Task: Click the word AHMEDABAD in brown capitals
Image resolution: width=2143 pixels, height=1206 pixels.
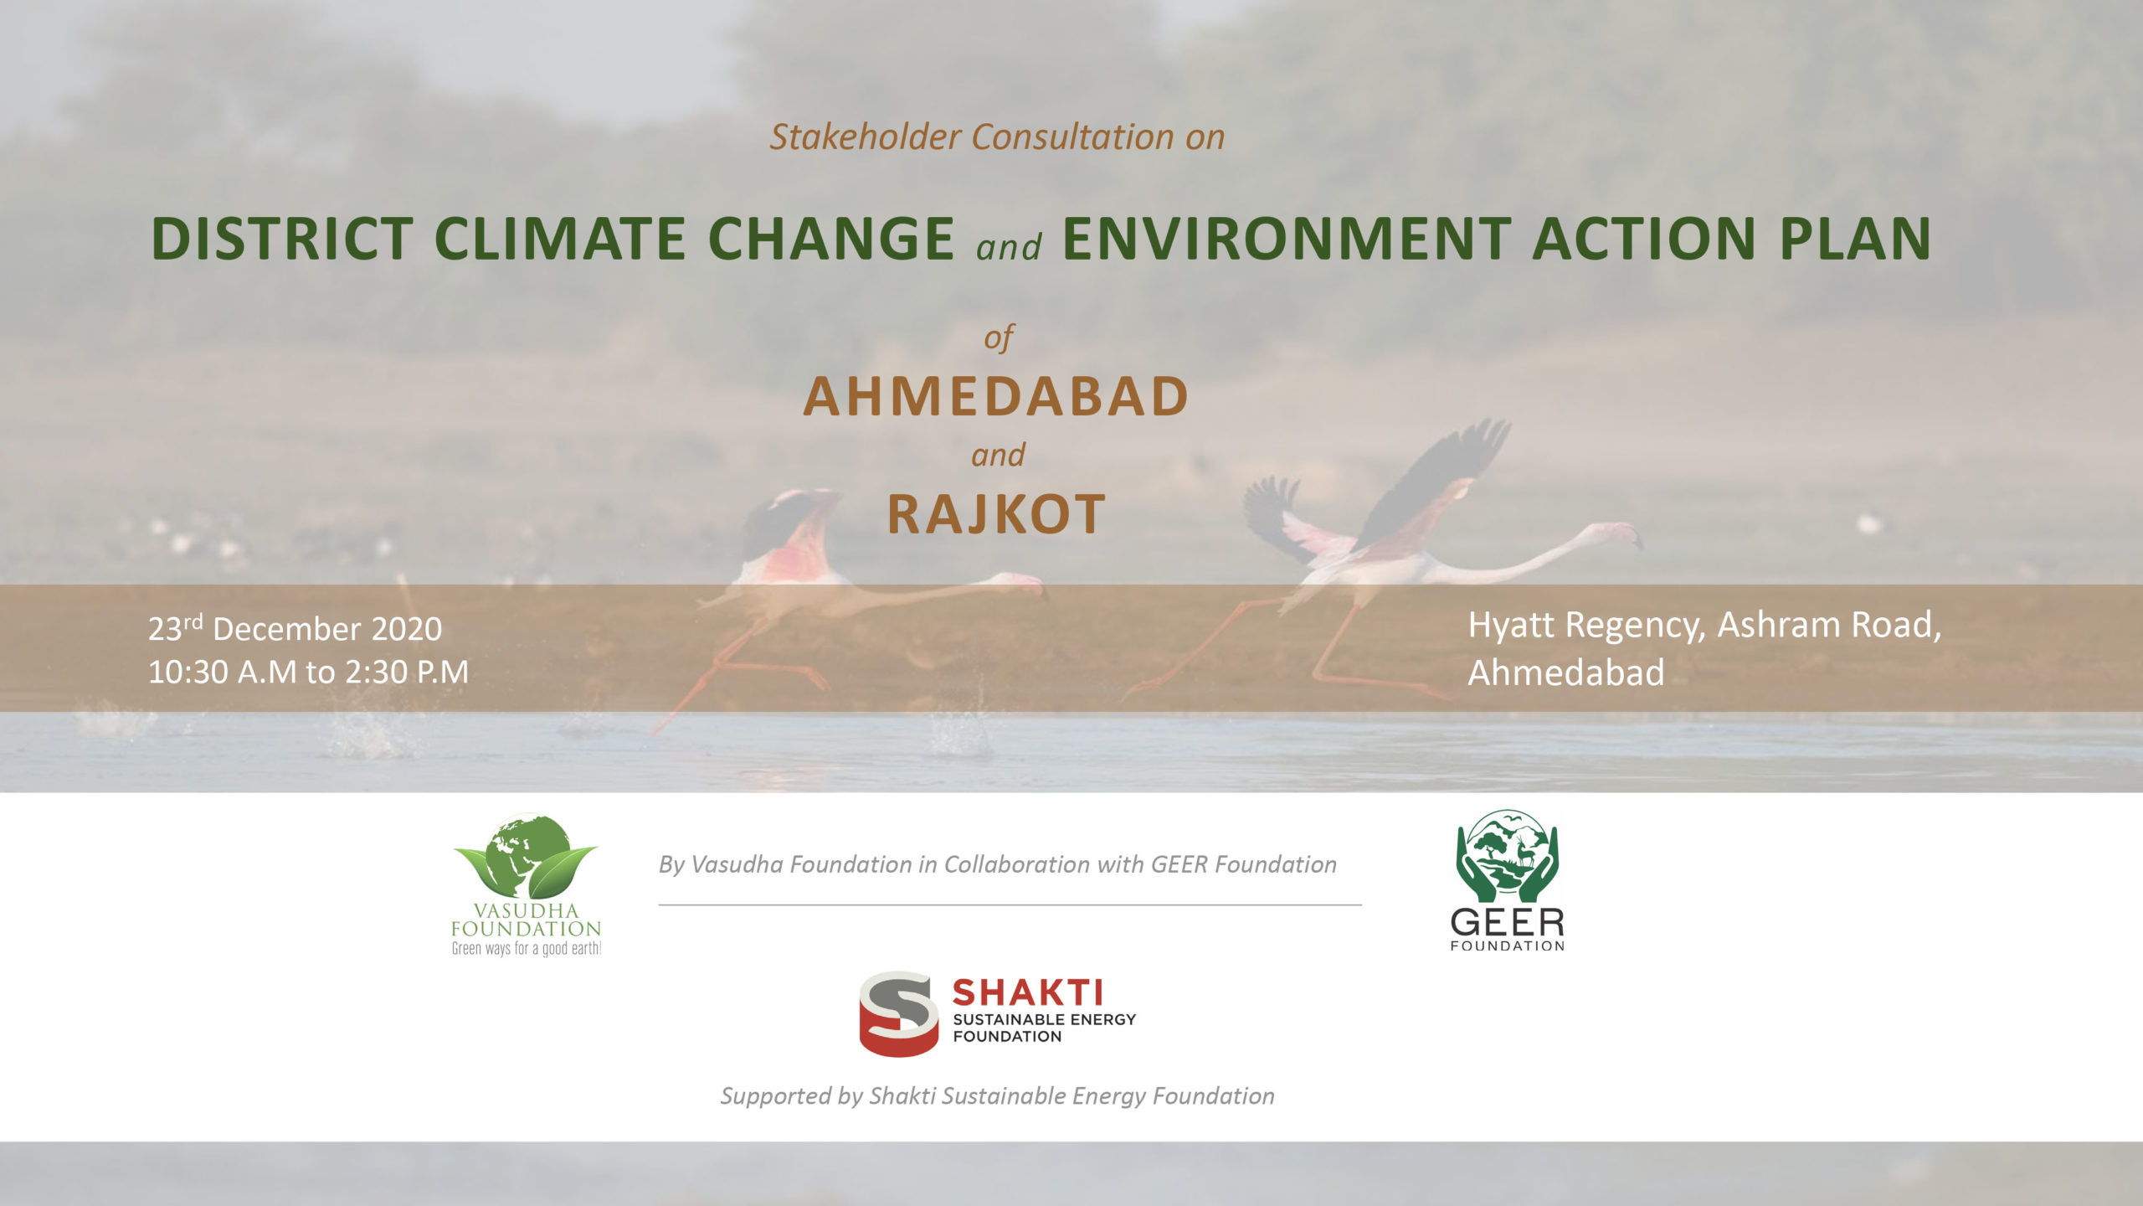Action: (996, 396)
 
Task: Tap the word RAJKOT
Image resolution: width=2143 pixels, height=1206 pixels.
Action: (996, 513)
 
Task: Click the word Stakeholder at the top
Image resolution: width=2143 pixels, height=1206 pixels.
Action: (865, 137)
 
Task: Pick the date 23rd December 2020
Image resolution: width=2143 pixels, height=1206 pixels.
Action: (295, 628)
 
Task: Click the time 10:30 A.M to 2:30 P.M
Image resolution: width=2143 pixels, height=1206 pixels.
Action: (308, 672)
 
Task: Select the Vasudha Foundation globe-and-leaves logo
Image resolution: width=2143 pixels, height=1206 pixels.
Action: (526, 855)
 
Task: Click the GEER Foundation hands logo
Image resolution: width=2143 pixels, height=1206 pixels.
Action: (1507, 855)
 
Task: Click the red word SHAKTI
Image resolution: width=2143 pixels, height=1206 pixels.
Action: (1027, 993)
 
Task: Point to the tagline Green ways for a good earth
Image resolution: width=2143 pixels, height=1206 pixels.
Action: (527, 949)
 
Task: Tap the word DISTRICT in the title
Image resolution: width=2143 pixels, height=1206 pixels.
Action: (282, 239)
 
